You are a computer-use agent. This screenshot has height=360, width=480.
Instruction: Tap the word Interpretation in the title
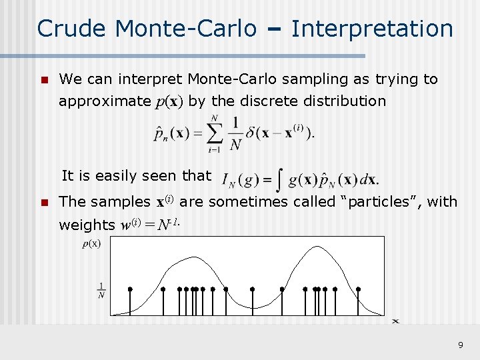point(372,29)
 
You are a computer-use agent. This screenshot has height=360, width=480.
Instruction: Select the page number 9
point(460,345)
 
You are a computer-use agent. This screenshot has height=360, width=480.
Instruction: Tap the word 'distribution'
point(344,101)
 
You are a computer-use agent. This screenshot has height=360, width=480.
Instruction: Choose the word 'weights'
point(87,225)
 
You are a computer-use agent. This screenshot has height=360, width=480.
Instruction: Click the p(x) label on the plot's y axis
point(91,243)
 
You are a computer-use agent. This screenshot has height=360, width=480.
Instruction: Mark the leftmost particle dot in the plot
point(130,289)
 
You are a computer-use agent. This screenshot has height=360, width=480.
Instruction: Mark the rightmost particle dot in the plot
point(358,289)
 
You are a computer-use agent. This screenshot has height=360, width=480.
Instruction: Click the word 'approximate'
point(105,101)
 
